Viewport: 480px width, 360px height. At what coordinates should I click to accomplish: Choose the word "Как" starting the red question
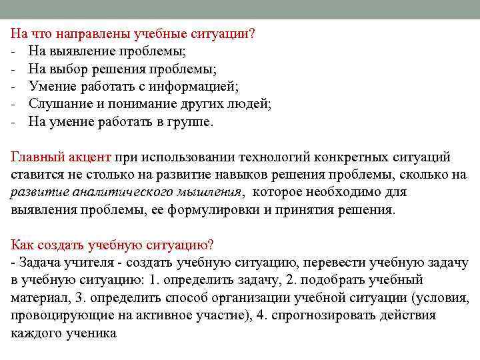pos(24,245)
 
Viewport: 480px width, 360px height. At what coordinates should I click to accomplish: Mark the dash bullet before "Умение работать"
pos(13,87)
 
